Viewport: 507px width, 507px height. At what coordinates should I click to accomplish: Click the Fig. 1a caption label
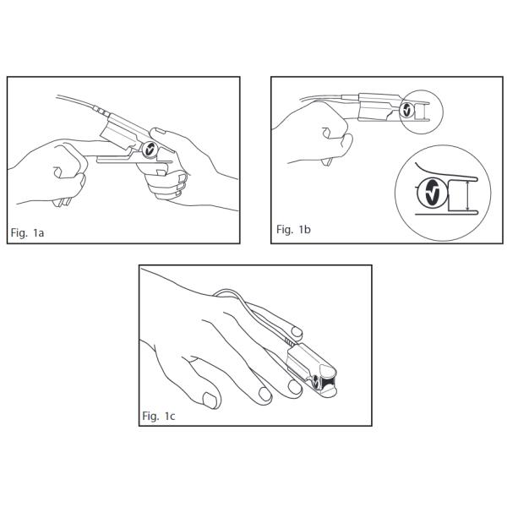click(x=27, y=233)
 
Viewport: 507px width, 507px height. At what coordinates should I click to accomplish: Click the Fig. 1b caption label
click(x=293, y=229)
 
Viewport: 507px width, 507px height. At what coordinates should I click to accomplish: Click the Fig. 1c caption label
click(x=159, y=416)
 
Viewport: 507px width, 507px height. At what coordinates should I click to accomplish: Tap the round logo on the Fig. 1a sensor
click(x=150, y=150)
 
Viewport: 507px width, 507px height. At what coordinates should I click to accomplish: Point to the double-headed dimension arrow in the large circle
click(x=467, y=196)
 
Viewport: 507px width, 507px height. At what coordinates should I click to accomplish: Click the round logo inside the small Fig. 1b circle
click(x=406, y=110)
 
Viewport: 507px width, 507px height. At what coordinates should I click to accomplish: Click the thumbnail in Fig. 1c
click(x=210, y=400)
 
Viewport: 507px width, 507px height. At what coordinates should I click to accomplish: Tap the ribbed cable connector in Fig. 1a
click(x=101, y=110)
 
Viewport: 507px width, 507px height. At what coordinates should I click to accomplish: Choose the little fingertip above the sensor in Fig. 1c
click(x=297, y=332)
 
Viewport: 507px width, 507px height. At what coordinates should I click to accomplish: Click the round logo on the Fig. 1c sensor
click(x=316, y=382)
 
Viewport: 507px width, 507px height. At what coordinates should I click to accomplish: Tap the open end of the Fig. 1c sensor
click(x=328, y=382)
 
